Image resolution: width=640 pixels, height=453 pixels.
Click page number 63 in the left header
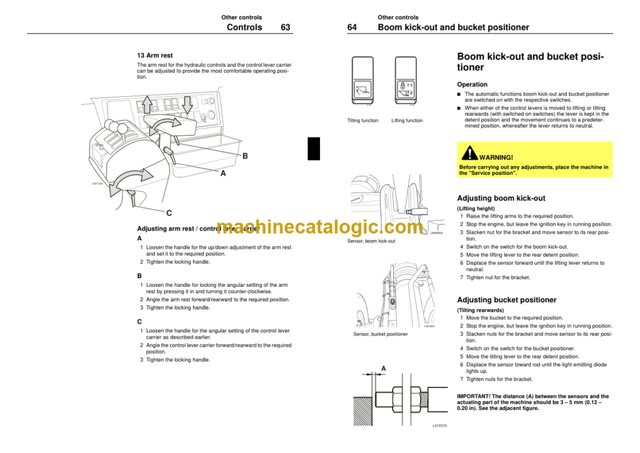coord(285,27)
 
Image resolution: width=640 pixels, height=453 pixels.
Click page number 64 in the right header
coord(352,27)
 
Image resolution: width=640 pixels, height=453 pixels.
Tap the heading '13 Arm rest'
coord(155,56)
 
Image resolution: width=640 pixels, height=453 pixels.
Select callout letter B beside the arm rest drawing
coord(245,156)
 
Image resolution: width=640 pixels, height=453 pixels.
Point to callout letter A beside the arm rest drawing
coord(222,174)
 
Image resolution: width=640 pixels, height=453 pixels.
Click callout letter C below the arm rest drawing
coord(169,213)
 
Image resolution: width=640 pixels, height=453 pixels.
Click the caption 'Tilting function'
coord(362,121)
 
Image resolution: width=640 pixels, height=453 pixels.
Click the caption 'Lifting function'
coord(407,121)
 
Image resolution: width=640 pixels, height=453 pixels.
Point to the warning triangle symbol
coord(469,153)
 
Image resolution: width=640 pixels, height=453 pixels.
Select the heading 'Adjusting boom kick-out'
coord(501,198)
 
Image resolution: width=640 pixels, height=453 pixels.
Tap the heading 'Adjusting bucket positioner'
coord(506,300)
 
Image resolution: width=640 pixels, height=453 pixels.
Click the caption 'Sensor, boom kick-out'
coord(371,241)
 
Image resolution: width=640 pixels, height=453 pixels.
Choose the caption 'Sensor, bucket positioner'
coord(380,334)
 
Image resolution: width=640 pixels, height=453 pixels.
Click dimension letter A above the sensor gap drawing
coord(383,369)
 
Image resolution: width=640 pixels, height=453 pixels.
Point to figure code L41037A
coord(439,426)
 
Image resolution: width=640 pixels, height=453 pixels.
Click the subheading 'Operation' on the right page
coord(472,84)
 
